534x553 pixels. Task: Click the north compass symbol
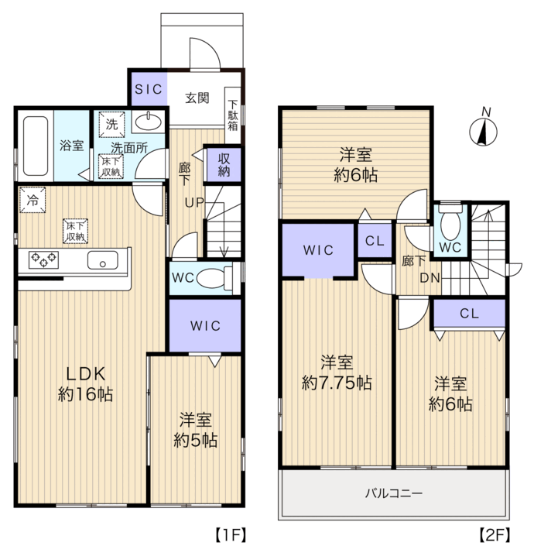[483, 132]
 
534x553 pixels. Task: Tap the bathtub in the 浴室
[36, 146]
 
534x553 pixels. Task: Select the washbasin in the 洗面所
[149, 122]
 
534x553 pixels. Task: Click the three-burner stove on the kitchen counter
[43, 259]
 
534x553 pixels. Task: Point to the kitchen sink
[103, 260]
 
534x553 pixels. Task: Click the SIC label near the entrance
[148, 89]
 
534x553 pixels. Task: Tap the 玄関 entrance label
[197, 98]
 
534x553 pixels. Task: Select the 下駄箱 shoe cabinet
[233, 115]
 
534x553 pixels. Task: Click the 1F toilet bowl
[214, 278]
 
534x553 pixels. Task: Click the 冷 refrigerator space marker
[33, 200]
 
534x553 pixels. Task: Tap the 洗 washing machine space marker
[111, 124]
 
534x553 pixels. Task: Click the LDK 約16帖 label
[85, 383]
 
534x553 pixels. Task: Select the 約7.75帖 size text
[337, 383]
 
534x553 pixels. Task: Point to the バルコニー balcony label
[393, 493]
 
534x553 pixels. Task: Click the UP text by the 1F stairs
[194, 202]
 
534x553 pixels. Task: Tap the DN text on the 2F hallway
[430, 278]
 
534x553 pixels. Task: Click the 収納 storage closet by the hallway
[224, 164]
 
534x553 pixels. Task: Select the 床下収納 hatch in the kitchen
[75, 232]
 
